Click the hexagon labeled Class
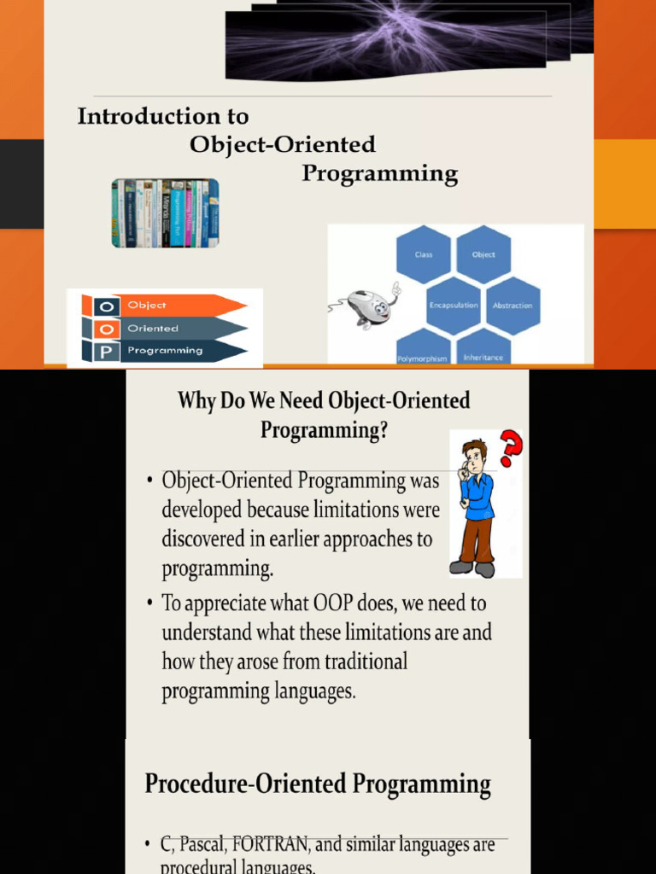click(424, 254)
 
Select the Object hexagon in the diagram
click(483, 254)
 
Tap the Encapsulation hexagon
click(454, 305)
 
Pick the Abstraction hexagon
click(512, 305)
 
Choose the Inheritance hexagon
click(483, 350)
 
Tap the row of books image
click(165, 213)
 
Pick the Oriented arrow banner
click(179, 328)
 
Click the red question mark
click(511, 448)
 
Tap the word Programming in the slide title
click(380, 174)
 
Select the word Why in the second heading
click(196, 400)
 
